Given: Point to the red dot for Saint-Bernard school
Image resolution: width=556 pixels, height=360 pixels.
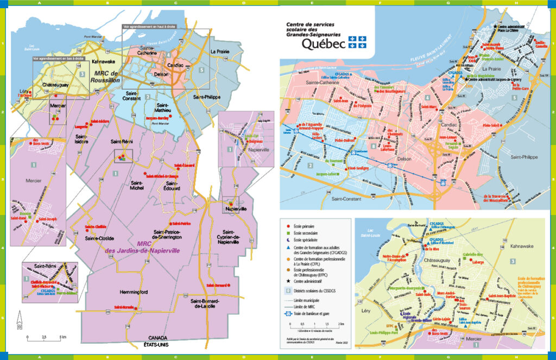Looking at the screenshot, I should click(230, 285).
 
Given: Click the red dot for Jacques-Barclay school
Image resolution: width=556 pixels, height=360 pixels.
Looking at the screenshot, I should click(170, 117).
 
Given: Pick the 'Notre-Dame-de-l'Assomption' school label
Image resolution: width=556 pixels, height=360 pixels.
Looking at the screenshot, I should click(395, 258).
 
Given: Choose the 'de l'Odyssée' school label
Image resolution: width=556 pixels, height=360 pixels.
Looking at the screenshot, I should click(362, 106).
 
